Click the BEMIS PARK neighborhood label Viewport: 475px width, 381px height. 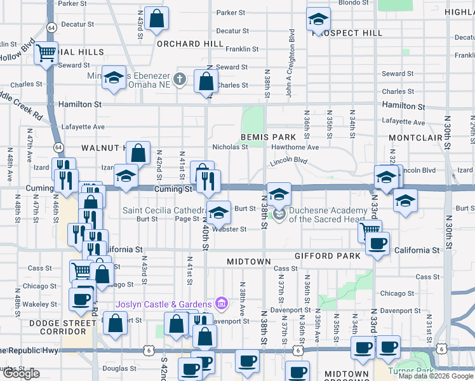click(268, 137)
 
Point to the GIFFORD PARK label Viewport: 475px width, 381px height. click(328, 256)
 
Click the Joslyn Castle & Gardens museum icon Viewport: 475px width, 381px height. click(221, 304)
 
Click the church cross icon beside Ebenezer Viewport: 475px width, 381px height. click(180, 79)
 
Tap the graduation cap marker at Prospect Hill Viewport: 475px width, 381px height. click(318, 20)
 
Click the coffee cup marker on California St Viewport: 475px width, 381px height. click(378, 244)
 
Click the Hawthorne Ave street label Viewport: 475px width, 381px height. click(295, 147)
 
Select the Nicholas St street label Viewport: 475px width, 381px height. click(230, 147)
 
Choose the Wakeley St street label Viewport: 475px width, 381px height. click(39, 305)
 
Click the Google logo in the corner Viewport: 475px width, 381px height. click(21, 373)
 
